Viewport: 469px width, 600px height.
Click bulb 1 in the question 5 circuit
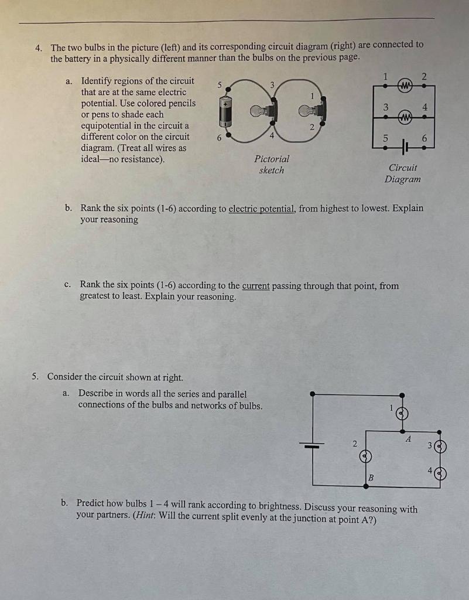402,414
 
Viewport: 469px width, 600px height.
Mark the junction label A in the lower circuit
409,438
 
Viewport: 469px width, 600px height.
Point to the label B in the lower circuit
371,478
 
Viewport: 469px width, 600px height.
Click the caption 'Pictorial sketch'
272,165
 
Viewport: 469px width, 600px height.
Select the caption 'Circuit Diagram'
403,173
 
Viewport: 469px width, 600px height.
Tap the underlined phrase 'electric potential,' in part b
262,208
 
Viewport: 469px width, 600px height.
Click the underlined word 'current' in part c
256,286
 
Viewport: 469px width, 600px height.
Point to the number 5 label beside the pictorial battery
220,85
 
